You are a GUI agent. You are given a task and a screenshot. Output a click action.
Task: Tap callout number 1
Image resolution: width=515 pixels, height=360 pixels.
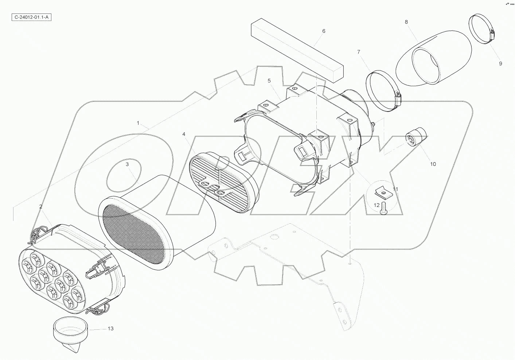coord(138,123)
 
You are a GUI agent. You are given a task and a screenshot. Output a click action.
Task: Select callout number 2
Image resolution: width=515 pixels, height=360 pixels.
coord(40,207)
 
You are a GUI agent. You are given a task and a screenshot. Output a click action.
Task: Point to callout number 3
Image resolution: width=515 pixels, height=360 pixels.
coord(127,164)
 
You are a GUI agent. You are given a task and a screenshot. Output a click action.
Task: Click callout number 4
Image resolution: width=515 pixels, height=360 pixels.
coord(184,134)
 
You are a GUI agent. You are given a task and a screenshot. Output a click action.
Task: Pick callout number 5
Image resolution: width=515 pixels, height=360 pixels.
coord(269,81)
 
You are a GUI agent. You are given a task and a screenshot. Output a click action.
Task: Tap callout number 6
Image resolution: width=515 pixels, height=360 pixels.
coord(324,31)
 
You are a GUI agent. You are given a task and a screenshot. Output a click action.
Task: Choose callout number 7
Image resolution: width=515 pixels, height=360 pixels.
coord(358,52)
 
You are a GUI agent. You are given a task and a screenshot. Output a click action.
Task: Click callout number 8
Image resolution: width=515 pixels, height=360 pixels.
coord(406,22)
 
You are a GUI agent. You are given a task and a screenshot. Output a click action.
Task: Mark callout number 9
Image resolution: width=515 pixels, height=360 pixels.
coord(500,63)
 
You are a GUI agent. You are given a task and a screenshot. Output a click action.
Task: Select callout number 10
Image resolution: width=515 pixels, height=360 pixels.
coord(433,164)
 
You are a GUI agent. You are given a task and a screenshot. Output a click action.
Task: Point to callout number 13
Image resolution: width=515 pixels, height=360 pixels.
coord(110,328)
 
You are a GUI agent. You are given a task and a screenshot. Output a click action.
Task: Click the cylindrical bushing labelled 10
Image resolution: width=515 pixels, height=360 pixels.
coord(416,137)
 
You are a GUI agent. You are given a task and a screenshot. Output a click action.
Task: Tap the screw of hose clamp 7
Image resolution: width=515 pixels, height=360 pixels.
coord(398,97)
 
